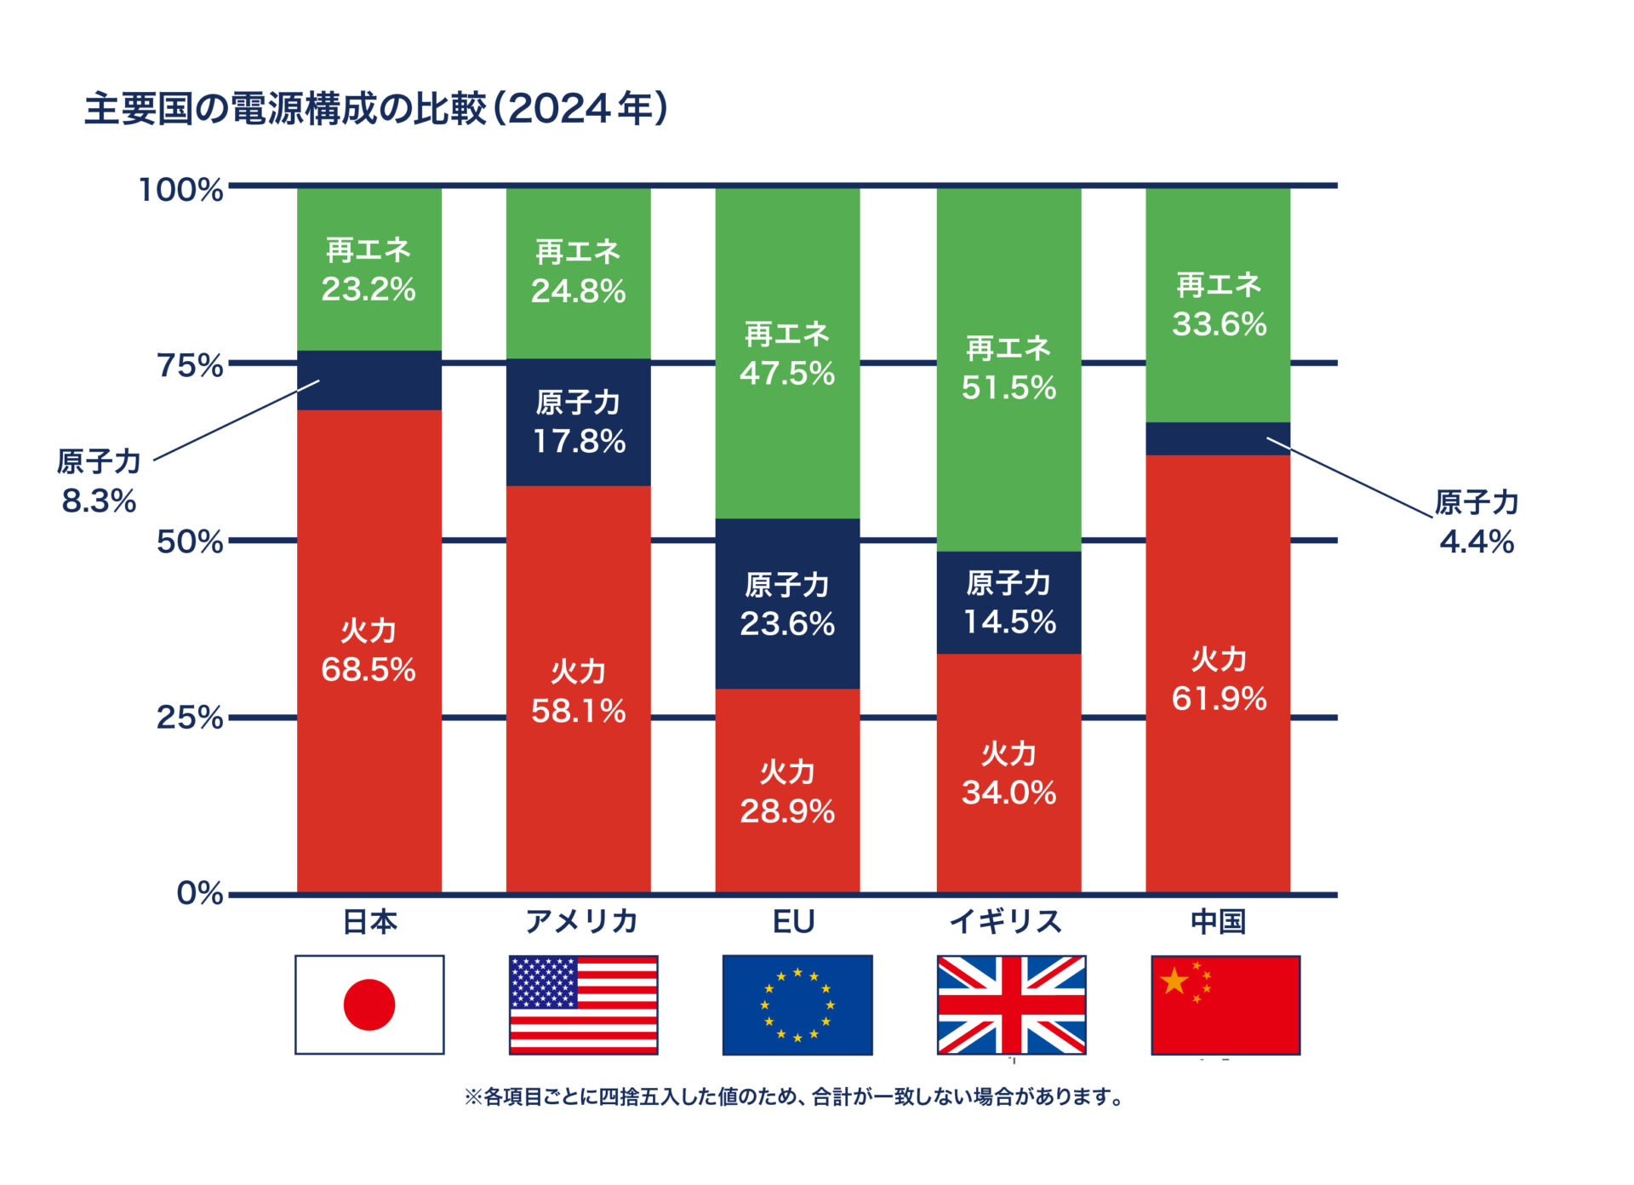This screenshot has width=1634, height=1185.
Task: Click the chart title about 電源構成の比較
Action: point(375,109)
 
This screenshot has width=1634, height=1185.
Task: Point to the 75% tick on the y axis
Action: point(189,365)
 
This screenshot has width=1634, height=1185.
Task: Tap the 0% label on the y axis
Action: point(199,893)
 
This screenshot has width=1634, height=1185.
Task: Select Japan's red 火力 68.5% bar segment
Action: point(369,651)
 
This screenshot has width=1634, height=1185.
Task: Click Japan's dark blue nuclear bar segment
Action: point(369,381)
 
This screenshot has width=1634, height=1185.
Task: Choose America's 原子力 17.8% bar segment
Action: point(578,422)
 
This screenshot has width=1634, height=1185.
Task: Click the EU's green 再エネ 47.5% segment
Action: point(786,353)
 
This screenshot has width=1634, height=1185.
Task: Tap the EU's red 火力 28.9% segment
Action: point(786,791)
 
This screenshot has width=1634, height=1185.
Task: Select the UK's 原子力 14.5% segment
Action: point(1008,603)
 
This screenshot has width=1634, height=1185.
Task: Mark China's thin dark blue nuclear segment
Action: point(1217,438)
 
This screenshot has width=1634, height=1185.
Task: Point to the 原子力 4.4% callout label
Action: point(1477,522)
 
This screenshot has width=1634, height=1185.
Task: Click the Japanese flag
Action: point(369,1005)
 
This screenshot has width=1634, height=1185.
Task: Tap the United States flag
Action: point(583,1005)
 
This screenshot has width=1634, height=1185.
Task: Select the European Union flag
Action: point(797,1005)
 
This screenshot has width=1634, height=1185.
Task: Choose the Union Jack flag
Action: point(1011,1005)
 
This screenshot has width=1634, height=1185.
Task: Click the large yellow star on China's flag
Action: point(1174,981)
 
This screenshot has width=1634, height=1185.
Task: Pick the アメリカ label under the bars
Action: point(581,921)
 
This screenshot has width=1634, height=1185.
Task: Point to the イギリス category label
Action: point(1006,921)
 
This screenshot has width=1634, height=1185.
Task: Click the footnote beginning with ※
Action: point(793,1096)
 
